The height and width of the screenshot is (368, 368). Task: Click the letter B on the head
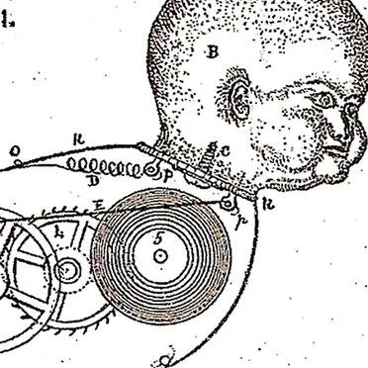tap(211, 53)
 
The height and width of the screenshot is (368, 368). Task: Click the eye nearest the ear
tap(322, 99)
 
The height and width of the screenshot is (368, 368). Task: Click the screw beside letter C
tap(208, 154)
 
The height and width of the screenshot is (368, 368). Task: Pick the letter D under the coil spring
tap(92, 183)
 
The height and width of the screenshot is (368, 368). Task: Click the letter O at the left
tap(15, 151)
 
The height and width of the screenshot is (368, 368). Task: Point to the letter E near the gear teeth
tap(97, 205)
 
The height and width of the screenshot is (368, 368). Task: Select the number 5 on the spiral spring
tap(158, 238)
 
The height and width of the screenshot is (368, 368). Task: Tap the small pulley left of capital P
tap(152, 169)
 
